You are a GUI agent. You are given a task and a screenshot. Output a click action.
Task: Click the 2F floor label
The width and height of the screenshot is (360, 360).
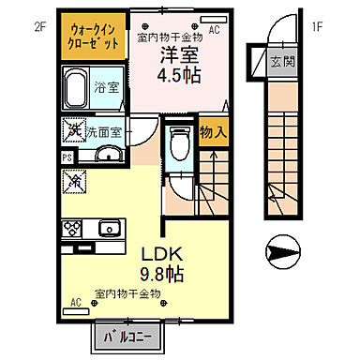(x=39, y=26)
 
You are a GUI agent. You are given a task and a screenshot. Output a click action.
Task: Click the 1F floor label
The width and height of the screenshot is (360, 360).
(x=318, y=26)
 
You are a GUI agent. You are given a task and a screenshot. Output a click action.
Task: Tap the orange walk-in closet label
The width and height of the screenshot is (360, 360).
(x=94, y=37)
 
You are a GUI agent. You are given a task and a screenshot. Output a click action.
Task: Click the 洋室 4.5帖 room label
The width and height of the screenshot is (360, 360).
(x=175, y=64)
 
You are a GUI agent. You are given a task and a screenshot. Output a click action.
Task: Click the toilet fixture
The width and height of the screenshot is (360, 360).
(x=181, y=146)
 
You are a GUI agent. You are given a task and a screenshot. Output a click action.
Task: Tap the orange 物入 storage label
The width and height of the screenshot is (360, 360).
(x=214, y=131)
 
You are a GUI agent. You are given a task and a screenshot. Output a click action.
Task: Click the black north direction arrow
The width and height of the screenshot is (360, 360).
(x=281, y=251)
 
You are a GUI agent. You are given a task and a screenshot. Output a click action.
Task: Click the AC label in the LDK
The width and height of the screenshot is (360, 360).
(x=74, y=303)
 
